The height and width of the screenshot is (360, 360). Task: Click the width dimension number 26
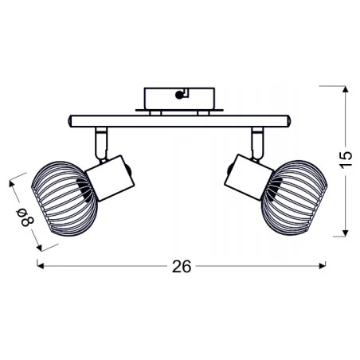pyautogui.click(x=182, y=267)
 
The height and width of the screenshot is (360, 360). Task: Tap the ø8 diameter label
pyautogui.click(x=23, y=215)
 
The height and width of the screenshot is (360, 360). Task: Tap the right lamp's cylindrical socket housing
pyautogui.click(x=248, y=176)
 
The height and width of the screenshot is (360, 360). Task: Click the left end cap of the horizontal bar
pyautogui.click(x=69, y=120)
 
